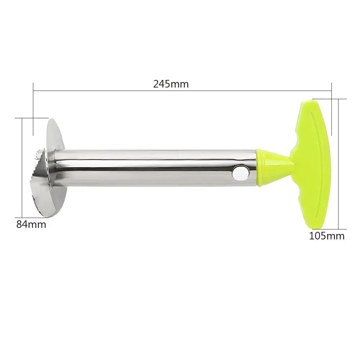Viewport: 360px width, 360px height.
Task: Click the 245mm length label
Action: tap(171, 84)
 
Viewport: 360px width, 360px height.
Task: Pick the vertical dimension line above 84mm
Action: tap(22, 166)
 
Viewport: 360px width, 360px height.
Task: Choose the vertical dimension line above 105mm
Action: tap(339, 164)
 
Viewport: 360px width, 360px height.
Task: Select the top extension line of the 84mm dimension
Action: tap(32, 117)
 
